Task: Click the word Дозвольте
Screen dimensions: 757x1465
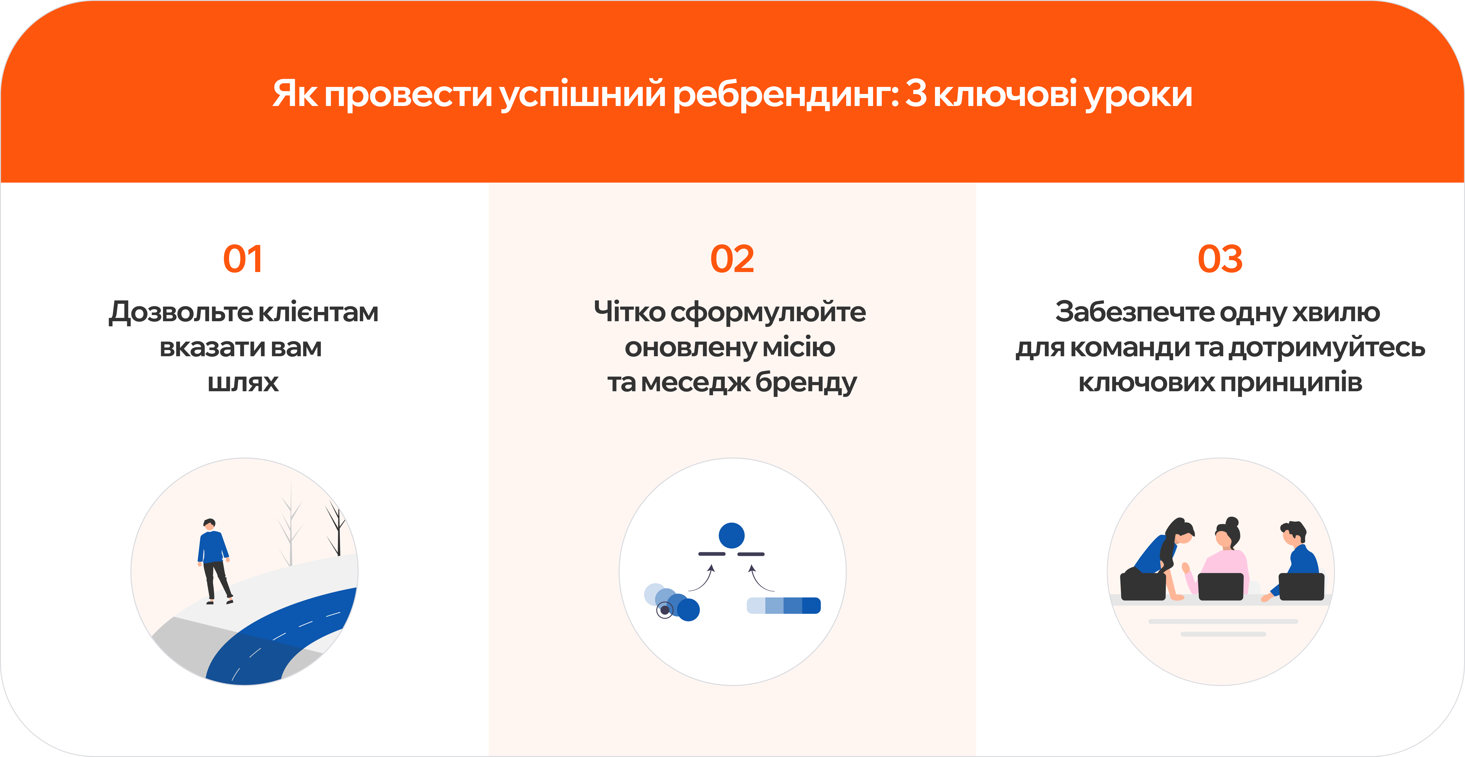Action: tap(181, 312)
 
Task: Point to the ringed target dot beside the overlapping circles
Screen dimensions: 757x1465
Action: tap(664, 610)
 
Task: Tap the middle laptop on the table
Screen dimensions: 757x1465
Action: tap(1220, 586)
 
